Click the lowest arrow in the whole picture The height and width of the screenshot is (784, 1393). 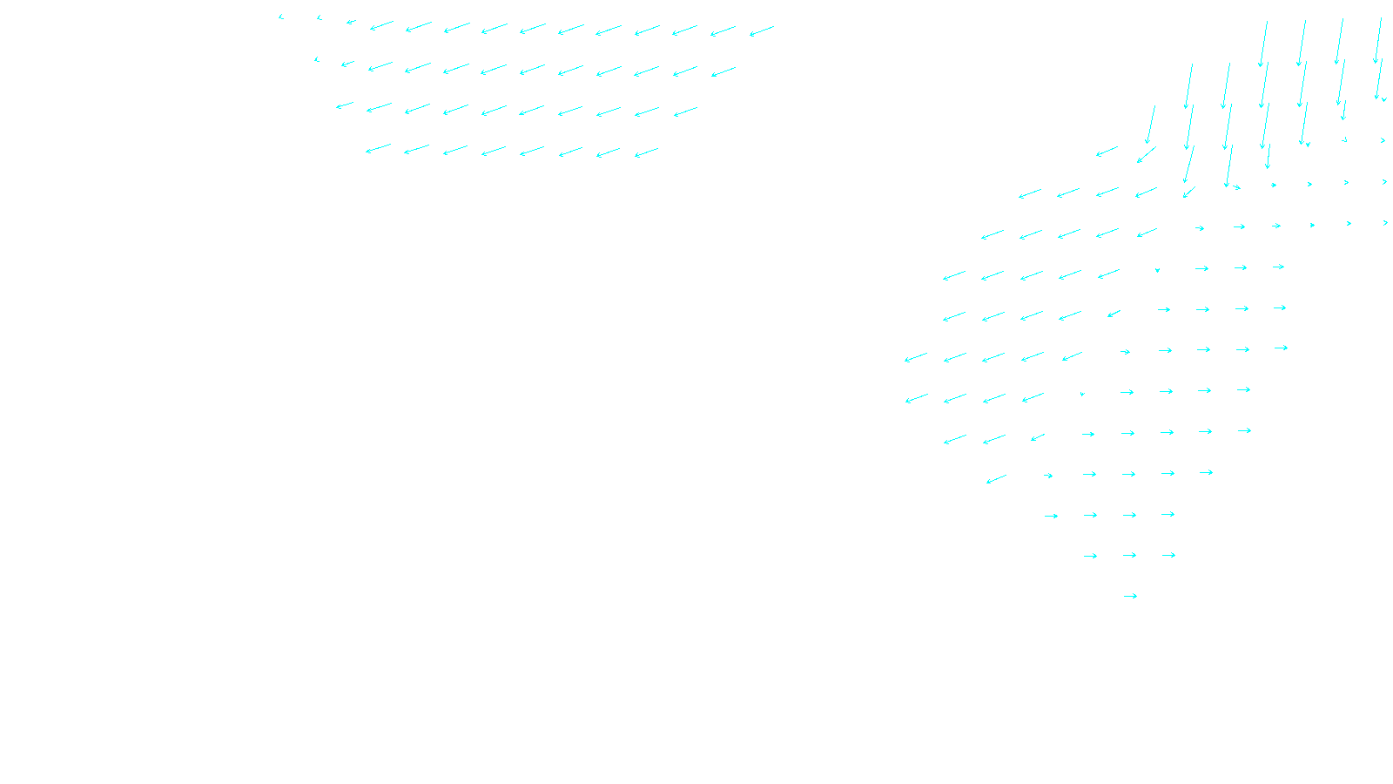(1130, 597)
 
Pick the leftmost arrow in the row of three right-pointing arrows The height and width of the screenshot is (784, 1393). (1090, 556)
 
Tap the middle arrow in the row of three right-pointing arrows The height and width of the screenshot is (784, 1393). (1129, 555)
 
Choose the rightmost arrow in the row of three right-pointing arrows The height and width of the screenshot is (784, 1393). (1168, 555)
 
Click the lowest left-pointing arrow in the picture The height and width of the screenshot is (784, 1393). (996, 479)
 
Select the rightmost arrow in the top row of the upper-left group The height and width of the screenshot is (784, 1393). (762, 31)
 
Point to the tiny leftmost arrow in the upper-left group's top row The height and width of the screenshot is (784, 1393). (281, 17)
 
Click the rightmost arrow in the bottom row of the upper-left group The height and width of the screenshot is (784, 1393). (646, 153)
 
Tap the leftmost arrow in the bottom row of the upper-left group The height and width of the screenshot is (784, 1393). (378, 149)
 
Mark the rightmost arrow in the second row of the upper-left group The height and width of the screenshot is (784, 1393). (723, 72)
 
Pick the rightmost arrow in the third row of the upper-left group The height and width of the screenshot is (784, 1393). (685, 112)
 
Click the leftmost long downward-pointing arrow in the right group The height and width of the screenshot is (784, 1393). (1150, 125)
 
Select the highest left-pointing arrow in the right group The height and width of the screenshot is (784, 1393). (1107, 152)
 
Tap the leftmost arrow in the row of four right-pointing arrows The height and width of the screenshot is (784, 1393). (1051, 516)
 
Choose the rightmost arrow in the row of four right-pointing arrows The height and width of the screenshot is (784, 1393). (1168, 514)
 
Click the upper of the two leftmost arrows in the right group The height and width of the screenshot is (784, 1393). (916, 358)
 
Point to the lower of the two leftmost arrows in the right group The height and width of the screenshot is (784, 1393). (917, 399)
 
